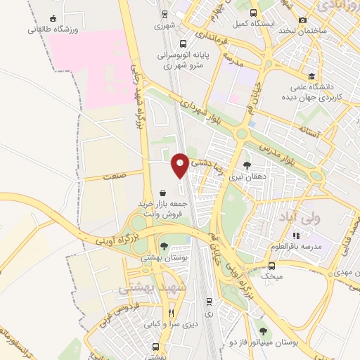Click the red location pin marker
coord(181,165)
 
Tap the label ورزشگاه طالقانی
coord(52,30)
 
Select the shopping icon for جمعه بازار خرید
coord(163,192)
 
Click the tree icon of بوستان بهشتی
coord(164,246)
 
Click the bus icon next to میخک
coord(272,265)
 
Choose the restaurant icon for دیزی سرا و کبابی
coord(171,312)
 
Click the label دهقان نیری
coord(246,178)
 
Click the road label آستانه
coord(308,131)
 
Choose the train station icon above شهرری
coord(165,13)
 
